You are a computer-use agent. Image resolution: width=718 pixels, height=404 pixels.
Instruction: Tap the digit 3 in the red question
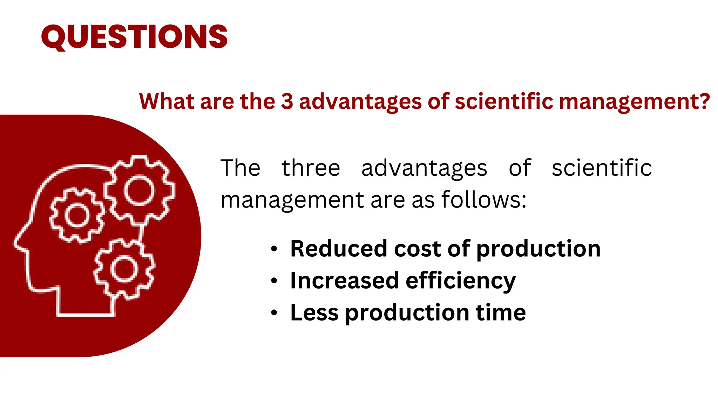287,101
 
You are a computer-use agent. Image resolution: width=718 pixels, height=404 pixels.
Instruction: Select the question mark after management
703,101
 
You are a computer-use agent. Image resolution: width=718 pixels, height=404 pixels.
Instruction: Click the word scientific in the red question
503,101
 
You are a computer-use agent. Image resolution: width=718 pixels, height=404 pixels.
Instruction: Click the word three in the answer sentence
311,168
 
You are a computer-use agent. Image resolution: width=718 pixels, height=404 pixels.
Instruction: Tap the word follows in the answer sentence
484,200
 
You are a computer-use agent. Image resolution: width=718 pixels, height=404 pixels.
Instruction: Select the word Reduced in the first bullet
339,249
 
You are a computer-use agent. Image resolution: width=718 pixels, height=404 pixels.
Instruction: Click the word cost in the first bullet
417,249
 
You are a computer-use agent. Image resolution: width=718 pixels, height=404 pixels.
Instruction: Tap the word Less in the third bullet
314,312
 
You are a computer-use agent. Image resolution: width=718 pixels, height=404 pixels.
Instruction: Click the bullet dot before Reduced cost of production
274,249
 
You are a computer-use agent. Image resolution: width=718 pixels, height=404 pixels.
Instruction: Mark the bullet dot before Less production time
274,313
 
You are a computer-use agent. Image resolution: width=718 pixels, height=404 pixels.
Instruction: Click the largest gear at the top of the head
140,190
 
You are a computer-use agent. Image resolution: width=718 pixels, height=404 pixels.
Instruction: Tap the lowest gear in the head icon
124,269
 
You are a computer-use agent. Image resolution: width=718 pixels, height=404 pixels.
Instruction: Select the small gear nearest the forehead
77,216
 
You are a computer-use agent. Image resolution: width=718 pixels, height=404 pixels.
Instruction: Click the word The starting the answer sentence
241,168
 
